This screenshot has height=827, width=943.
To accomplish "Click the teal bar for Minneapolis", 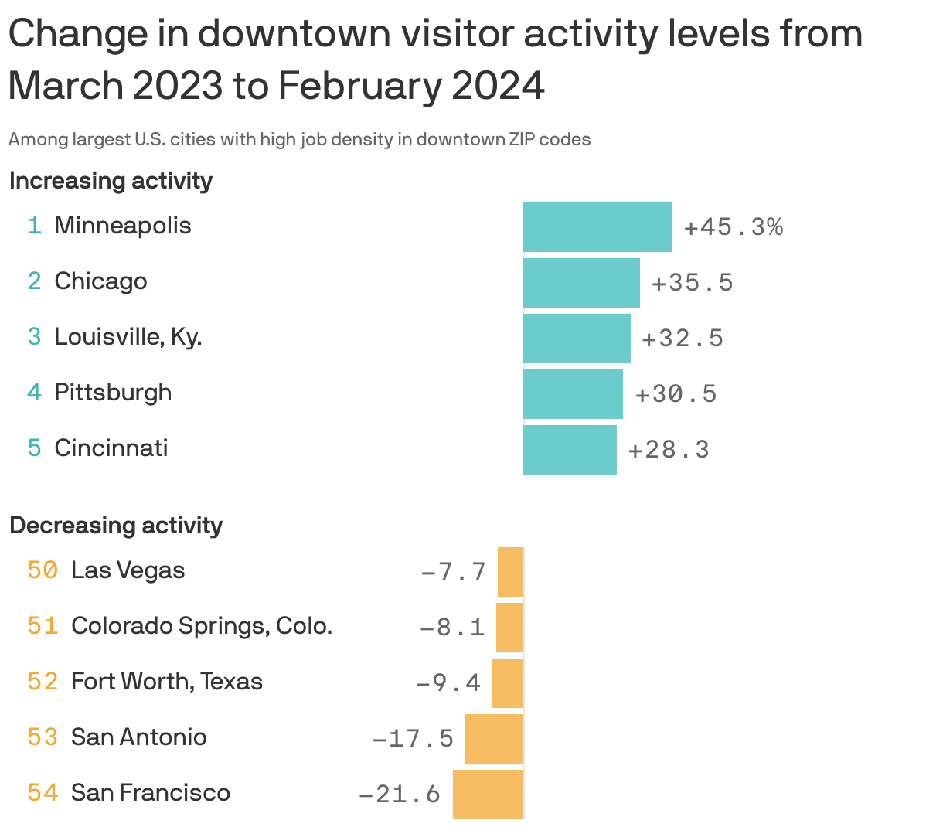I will coord(597,227).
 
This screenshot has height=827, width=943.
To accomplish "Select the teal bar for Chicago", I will coord(580,283).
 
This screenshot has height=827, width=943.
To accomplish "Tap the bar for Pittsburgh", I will coord(572,394).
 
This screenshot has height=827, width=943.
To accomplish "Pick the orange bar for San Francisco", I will coord(488,794).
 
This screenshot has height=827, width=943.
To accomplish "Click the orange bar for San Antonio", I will coord(494,738).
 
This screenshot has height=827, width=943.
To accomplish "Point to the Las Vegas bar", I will coord(510,571).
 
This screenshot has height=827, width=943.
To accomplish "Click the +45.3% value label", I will coord(733,227).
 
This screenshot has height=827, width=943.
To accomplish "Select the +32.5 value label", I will coord(683,339).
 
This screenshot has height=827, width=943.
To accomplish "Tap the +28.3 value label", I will coord(668,450).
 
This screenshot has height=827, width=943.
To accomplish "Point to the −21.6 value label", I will coord(400,794).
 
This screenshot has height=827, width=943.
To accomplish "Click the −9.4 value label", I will coord(448,683).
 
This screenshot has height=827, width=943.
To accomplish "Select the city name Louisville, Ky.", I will coord(128,337).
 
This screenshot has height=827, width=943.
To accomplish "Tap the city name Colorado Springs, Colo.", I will coord(202,625).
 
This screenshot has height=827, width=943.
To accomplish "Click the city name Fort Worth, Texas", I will coord(167,682).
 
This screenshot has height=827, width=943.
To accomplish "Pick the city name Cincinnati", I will coord(111,448).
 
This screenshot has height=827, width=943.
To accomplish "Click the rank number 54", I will coord(43,793).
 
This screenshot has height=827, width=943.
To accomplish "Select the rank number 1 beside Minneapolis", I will coord(34,226).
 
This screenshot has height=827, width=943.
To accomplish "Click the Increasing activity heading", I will coord(111,181).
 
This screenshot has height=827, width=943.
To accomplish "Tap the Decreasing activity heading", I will coord(116,526).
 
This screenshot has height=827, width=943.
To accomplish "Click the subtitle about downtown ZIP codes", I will coord(299,140).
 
